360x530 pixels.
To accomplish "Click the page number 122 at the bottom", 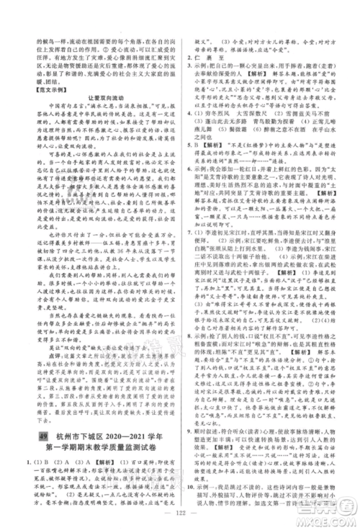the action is click(179, 514).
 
